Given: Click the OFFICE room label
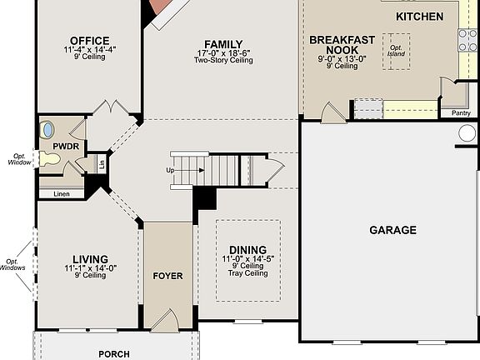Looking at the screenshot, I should [90, 40].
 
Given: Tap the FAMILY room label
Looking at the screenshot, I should [223, 44].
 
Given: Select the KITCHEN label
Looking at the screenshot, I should [419, 17].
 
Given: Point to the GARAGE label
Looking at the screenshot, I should [392, 230].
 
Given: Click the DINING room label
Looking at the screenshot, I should [247, 250].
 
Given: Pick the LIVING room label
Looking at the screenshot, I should [90, 259].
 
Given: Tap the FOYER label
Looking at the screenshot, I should [167, 276].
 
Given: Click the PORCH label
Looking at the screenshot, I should [114, 354].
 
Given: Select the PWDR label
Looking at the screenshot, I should [65, 146].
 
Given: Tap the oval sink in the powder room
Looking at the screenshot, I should [47, 129].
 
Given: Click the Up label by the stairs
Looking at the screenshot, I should [172, 170].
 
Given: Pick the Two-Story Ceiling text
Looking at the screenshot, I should [223, 61].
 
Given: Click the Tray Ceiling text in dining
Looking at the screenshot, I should [247, 273].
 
